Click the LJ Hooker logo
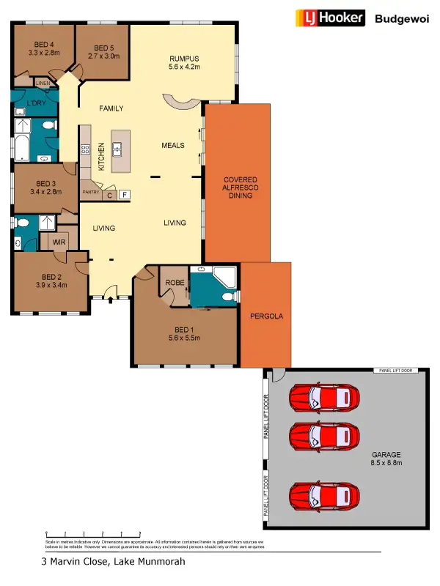point(329,18)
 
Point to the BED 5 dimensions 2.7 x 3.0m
point(102,55)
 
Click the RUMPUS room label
point(184,59)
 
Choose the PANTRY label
point(91,192)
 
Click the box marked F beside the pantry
point(125,195)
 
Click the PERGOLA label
point(265,317)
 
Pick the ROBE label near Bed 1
point(174,282)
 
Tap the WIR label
point(59,241)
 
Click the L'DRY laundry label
point(36,103)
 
